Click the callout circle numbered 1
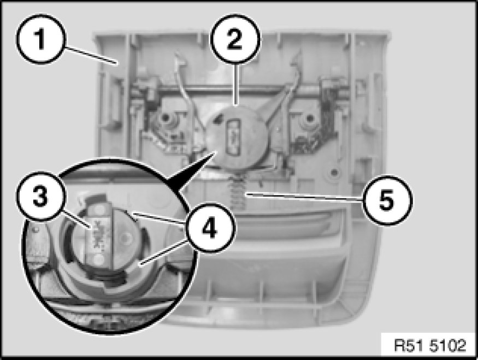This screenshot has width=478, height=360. click(x=40, y=39)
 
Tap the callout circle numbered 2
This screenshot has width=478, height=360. click(x=235, y=39)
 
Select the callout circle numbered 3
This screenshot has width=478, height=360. click(x=40, y=196)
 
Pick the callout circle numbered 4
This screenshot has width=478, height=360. click(x=210, y=228)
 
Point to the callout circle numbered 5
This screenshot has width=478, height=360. click(x=387, y=200)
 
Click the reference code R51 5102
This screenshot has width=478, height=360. click(x=430, y=346)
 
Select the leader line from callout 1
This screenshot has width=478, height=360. click(x=91, y=55)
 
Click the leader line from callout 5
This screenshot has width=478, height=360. click(x=305, y=198)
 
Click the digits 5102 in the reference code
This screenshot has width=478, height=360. click(x=448, y=346)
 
